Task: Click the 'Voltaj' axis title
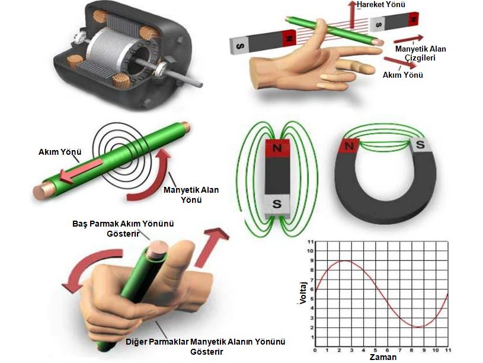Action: [303, 294]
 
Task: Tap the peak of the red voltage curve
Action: [346, 261]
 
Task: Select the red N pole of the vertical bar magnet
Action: [276, 148]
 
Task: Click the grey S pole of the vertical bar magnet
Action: [276, 206]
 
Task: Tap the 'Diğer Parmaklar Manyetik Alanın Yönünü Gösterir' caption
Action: [206, 346]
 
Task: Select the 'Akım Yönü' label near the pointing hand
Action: [402, 75]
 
